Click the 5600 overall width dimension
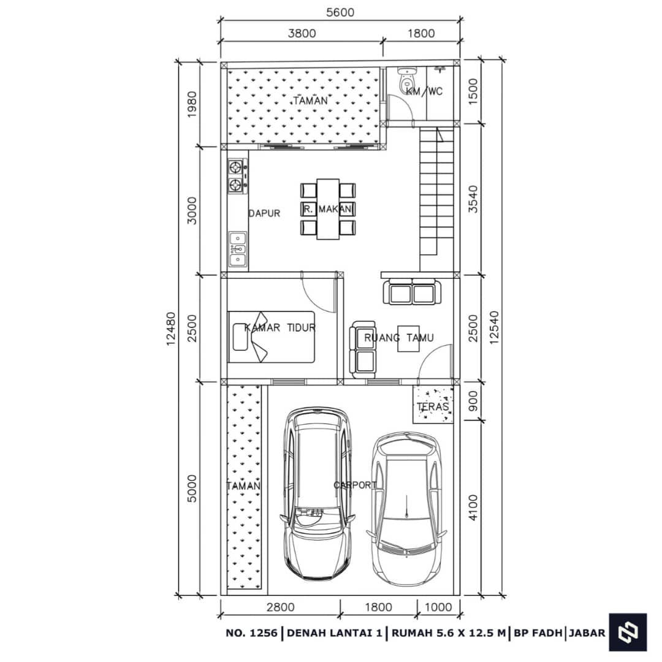coord(340,13)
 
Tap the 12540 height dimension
coord(494,327)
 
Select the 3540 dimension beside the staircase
coord(473,199)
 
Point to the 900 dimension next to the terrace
coord(473,401)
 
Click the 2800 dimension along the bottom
coord(280,607)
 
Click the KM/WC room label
coord(424,91)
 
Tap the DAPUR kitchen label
coord(264,213)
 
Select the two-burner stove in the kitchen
coord(237,177)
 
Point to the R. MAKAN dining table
coord(328,209)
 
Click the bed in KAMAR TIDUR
coord(271,337)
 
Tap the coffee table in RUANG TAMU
coord(409,338)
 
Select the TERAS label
coord(433,406)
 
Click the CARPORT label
coord(355,485)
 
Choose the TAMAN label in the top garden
coord(310,101)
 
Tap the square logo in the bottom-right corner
coord(628,632)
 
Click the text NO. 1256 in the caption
coord(252,633)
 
